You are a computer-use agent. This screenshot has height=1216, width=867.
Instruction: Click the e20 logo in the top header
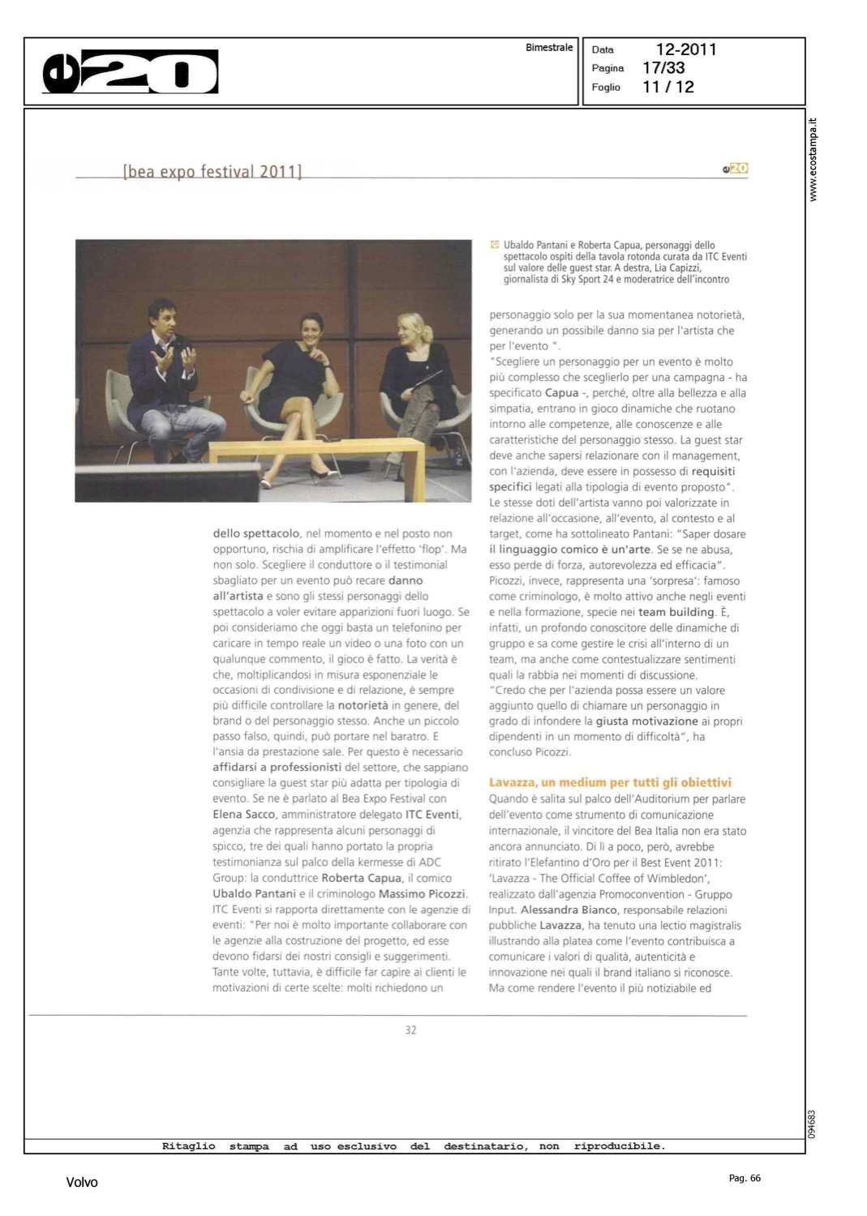click(x=130, y=72)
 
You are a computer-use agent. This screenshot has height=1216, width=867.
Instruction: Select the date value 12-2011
click(x=685, y=49)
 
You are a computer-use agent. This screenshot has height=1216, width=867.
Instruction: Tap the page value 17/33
click(x=663, y=68)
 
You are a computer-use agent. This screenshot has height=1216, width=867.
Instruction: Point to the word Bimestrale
click(x=549, y=48)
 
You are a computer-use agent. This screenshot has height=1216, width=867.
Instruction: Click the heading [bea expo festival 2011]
click(x=212, y=171)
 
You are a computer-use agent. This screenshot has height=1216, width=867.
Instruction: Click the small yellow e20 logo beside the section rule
click(x=736, y=168)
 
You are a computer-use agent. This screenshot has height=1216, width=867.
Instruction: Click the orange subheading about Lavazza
click(x=610, y=782)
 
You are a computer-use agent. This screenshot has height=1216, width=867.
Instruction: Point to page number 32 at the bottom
click(x=410, y=1030)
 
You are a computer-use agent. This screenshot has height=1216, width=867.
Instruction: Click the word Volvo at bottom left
click(x=82, y=1182)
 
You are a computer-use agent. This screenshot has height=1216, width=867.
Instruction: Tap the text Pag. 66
click(x=745, y=1178)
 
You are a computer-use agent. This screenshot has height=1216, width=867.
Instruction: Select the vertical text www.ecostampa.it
click(x=813, y=160)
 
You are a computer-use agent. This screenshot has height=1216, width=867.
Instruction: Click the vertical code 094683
click(x=812, y=1124)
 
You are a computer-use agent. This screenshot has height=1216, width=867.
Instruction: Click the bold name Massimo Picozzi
click(x=423, y=893)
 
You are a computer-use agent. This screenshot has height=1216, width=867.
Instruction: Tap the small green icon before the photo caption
click(x=495, y=244)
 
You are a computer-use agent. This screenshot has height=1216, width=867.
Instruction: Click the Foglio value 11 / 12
click(x=668, y=87)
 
